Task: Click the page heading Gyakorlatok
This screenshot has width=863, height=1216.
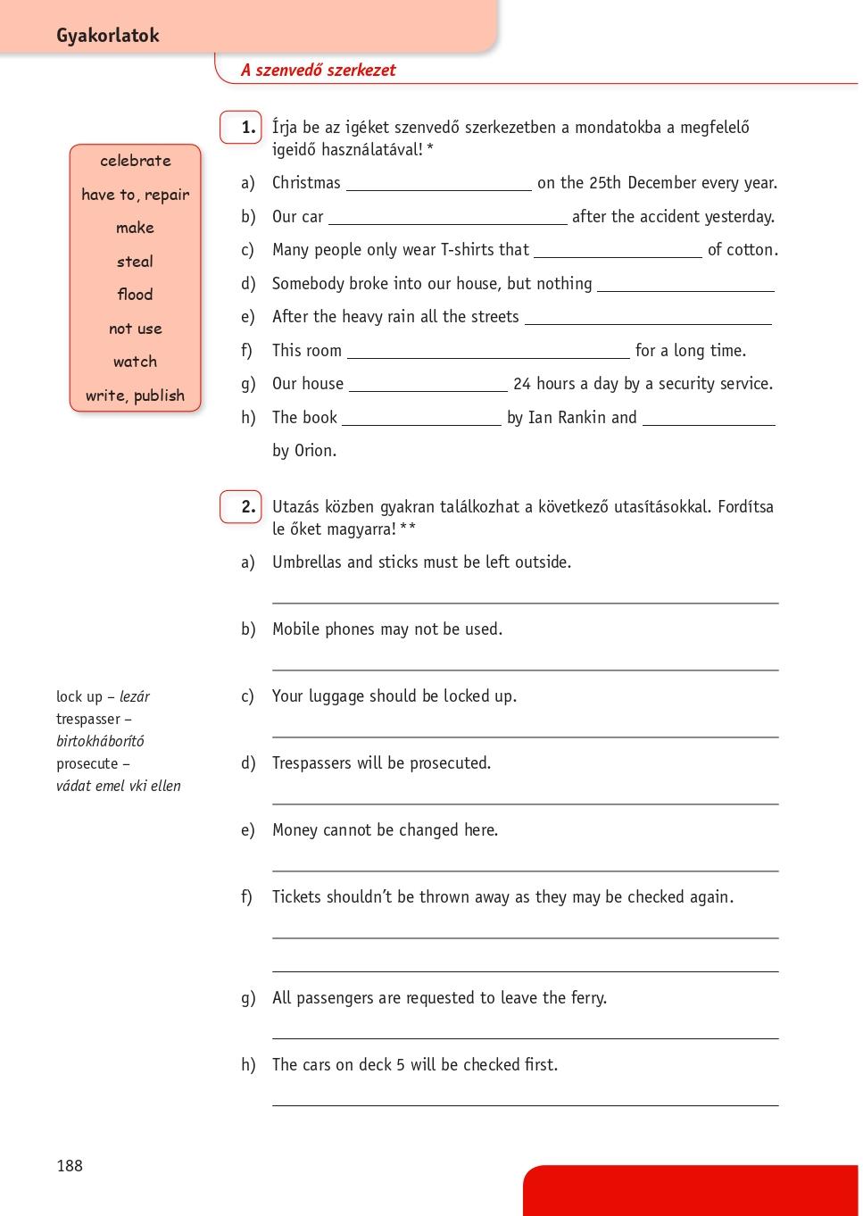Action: [107, 36]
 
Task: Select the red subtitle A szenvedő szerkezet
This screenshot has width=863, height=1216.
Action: [318, 71]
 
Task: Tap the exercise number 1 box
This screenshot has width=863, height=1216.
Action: [241, 128]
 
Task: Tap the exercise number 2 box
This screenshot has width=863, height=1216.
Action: [241, 507]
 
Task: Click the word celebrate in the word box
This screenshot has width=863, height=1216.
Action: [136, 161]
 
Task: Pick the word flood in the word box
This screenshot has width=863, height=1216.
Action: [135, 295]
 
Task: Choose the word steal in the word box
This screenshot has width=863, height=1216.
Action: [135, 262]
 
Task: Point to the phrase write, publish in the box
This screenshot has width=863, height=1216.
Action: [136, 396]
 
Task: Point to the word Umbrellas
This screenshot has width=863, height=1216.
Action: [307, 562]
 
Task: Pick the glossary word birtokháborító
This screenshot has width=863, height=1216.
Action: [100, 742]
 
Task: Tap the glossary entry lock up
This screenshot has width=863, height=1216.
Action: [79, 697]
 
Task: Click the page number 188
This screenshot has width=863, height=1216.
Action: [70, 1166]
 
